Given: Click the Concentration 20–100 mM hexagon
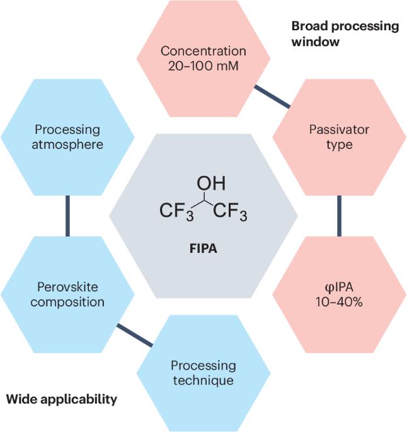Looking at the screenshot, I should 203,58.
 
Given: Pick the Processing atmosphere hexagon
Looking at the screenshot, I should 67,137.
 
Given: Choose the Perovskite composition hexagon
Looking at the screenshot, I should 67,294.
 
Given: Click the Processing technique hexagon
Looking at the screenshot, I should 203,373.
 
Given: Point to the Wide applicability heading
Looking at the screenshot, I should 61,399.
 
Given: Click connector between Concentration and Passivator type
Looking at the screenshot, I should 272,97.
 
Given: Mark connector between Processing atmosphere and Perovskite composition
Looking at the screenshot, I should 67,216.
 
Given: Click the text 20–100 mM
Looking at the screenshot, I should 203,66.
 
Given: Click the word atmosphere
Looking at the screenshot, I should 67,144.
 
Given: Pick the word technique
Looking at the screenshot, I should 203,381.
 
